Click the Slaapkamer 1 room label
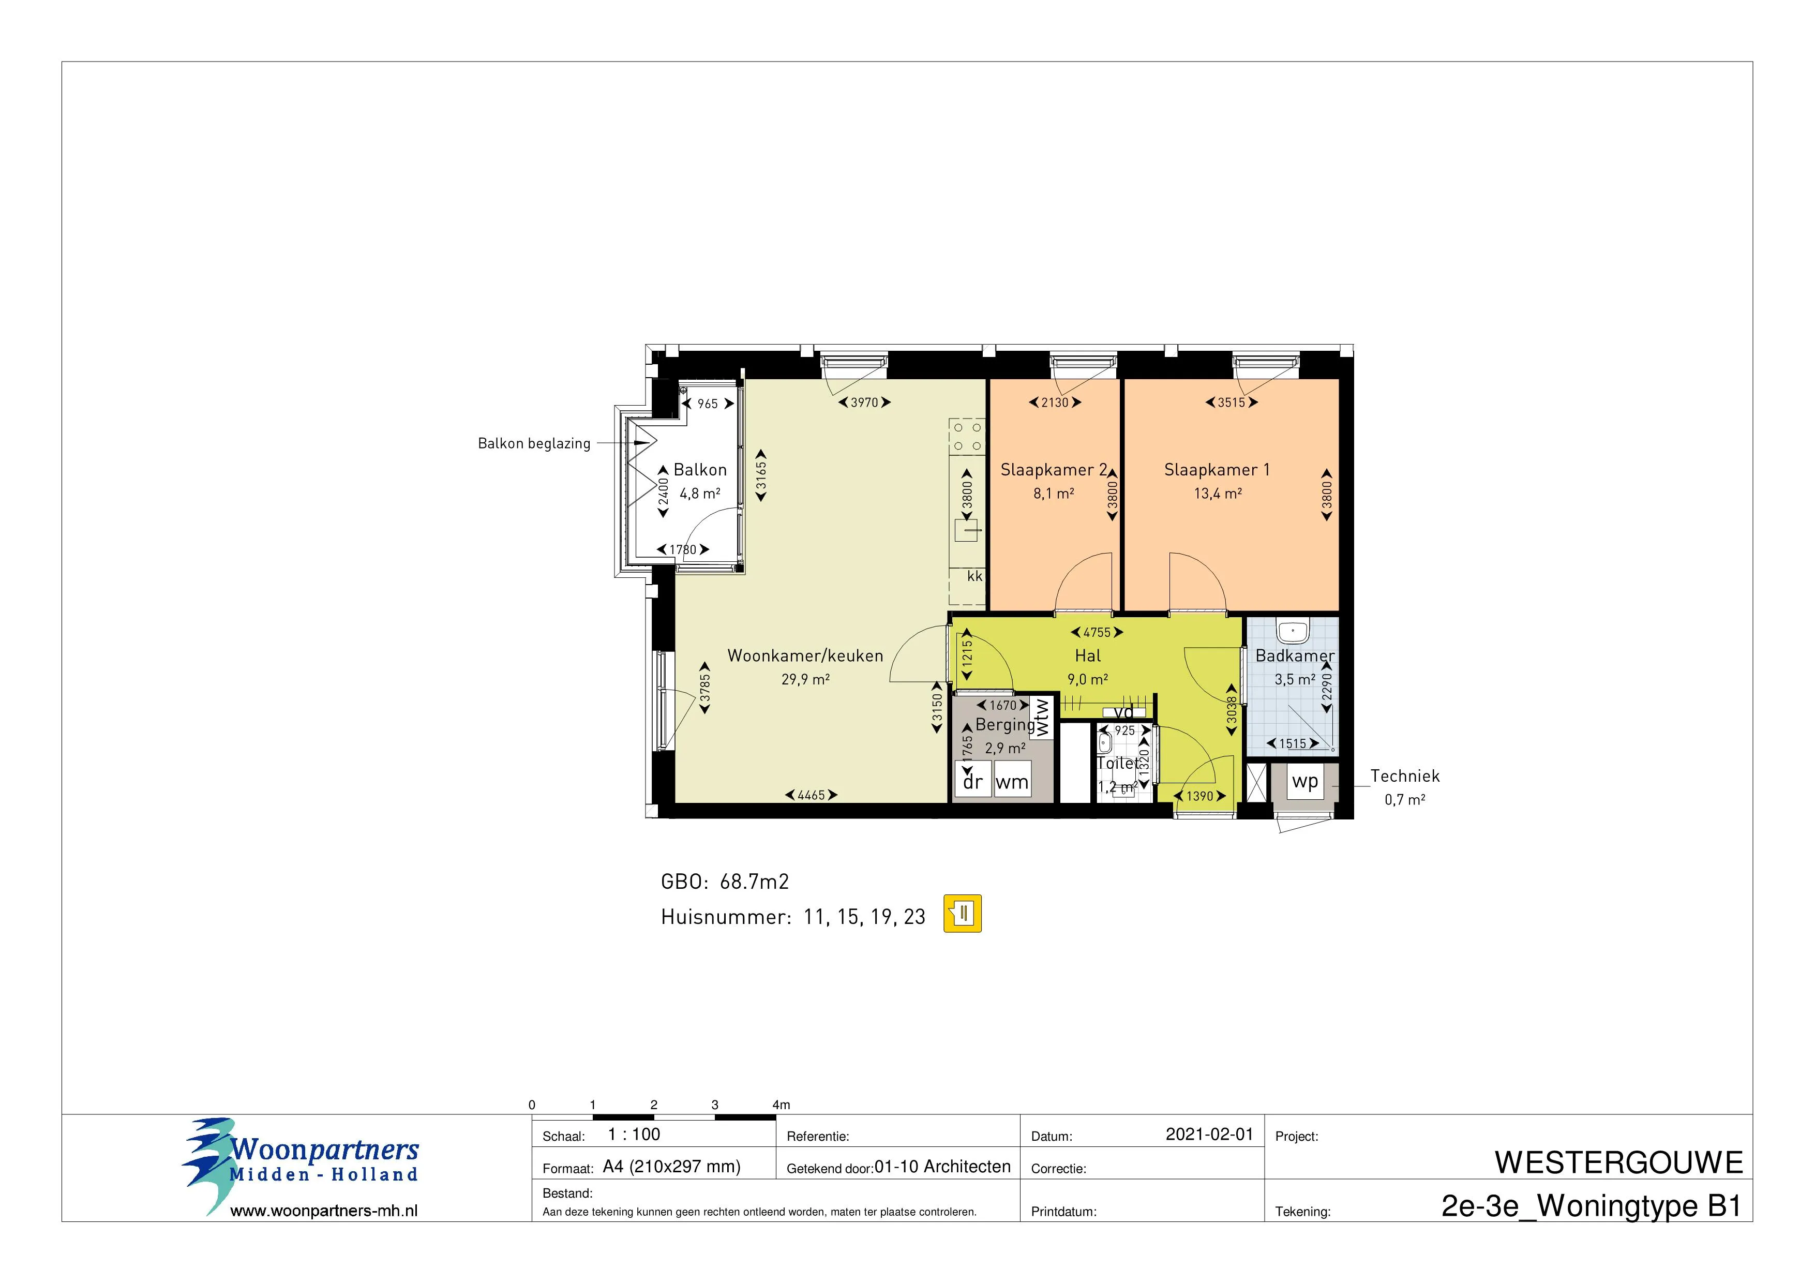pyautogui.click(x=1217, y=470)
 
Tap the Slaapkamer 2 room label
pyautogui.click(x=1054, y=470)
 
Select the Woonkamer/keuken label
pyautogui.click(x=805, y=655)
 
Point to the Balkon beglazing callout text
pyautogui.click(x=534, y=443)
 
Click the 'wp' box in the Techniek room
pyautogui.click(x=1304, y=781)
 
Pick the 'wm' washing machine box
pyautogui.click(x=1012, y=782)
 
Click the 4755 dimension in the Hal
pyautogui.click(x=1097, y=632)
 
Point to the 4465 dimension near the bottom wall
pyautogui.click(x=811, y=795)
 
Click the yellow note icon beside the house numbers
pyautogui.click(x=962, y=914)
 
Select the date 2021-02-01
pyautogui.click(x=1209, y=1135)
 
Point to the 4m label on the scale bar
pyautogui.click(x=781, y=1105)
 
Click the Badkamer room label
pyautogui.click(x=1295, y=655)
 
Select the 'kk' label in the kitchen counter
pyautogui.click(x=974, y=576)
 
